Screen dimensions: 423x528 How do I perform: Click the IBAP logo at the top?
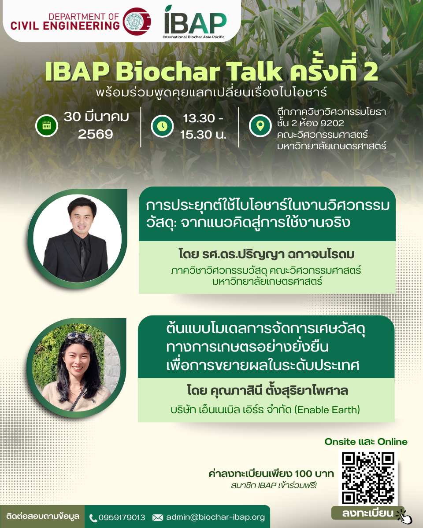pyautogui.click(x=195, y=22)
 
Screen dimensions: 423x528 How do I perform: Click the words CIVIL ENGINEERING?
pyautogui.click(x=65, y=26)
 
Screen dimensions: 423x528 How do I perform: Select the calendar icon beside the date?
pyautogui.click(x=47, y=126)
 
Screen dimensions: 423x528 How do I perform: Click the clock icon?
pyautogui.click(x=162, y=126)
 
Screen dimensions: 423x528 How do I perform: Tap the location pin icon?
pyautogui.click(x=260, y=126)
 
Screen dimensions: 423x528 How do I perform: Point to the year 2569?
pyautogui.click(x=95, y=134)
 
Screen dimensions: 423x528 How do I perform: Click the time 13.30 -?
pyautogui.click(x=203, y=118)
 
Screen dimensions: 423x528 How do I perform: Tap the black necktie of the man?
pyautogui.click(x=83, y=255)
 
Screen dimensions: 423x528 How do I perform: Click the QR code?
pyautogui.click(x=368, y=478)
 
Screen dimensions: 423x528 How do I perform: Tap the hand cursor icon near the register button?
pyautogui.click(x=404, y=516)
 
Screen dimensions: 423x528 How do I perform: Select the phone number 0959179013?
pyautogui.click(x=122, y=518)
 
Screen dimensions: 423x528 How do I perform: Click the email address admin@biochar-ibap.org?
pyautogui.click(x=215, y=517)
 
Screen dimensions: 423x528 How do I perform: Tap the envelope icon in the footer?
pyautogui.click(x=158, y=518)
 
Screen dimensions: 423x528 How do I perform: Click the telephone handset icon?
pyautogui.click(x=93, y=518)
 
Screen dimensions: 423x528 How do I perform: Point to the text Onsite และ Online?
pyautogui.click(x=366, y=442)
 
